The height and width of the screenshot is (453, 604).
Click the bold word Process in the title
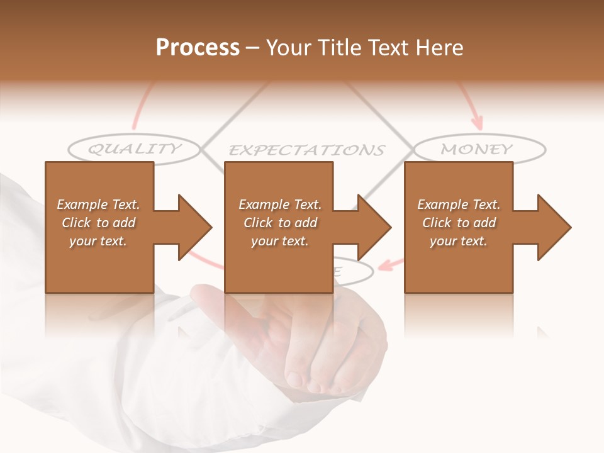click(x=198, y=47)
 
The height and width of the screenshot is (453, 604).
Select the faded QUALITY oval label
click(x=134, y=149)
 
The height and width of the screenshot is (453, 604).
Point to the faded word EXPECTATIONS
click(x=306, y=150)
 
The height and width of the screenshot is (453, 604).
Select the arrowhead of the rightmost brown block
click(x=553, y=227)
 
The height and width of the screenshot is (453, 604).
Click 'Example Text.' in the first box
click(x=98, y=204)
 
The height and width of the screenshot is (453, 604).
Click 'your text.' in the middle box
click(x=279, y=241)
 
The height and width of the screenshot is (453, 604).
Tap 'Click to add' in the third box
click(x=459, y=223)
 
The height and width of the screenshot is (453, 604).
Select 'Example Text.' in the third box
click(x=459, y=204)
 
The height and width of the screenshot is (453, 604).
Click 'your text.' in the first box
click(x=98, y=241)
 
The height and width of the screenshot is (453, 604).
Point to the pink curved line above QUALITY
click(x=140, y=107)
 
